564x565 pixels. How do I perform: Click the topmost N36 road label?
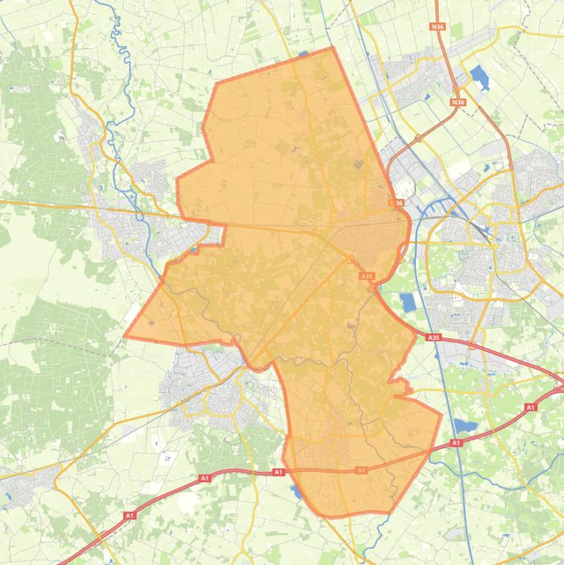(438, 27)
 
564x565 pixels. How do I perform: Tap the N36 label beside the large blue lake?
(459, 102)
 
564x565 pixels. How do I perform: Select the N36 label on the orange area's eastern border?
(397, 203)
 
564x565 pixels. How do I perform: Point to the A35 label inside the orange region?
(367, 277)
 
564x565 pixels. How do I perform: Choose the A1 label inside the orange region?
(361, 470)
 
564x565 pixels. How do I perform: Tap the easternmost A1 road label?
(530, 407)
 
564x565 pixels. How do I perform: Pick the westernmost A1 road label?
(130, 516)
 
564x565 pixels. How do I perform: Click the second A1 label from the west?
(204, 478)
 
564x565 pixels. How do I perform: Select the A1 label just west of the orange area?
(279, 473)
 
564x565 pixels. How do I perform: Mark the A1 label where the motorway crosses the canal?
(456, 442)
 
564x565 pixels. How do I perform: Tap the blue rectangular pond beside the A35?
(408, 301)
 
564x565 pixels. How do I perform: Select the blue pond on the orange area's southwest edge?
(296, 489)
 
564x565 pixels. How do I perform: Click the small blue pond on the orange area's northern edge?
(304, 54)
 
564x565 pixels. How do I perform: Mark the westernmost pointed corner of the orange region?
(125, 335)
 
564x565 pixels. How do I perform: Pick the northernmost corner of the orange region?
(332, 48)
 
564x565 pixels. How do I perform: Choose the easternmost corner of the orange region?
(442, 415)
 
